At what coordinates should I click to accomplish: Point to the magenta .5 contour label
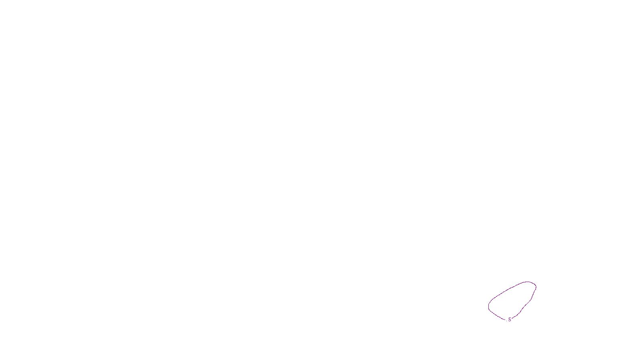tap(509, 320)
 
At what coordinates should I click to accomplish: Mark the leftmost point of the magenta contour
tap(488, 307)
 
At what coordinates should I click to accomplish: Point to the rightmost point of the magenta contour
tap(536, 286)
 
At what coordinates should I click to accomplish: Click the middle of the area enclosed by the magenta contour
tap(512, 301)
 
